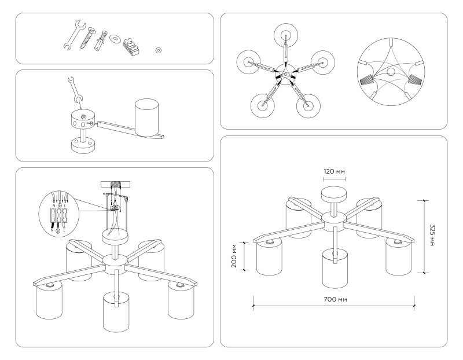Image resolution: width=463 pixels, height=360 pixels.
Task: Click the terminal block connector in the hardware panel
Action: [132, 43]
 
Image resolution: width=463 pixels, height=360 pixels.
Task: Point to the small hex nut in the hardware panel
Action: [157, 50]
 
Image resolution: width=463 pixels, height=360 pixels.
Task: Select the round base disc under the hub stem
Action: [84, 144]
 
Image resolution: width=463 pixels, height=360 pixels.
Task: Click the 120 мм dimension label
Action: [335, 172]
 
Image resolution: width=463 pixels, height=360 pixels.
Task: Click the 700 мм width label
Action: [335, 299]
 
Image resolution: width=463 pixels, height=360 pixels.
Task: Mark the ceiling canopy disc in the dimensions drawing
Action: [335, 193]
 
